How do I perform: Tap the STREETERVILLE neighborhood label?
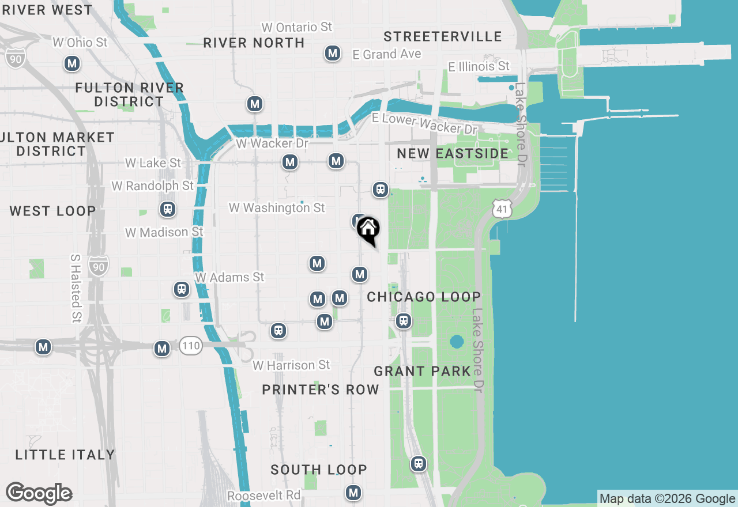click(443, 37)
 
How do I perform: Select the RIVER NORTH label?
click(254, 43)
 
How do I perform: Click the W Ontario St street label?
click(296, 27)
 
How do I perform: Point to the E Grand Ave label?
click(387, 54)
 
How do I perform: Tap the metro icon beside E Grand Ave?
click(332, 54)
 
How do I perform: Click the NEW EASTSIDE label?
click(453, 153)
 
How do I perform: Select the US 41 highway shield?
click(503, 210)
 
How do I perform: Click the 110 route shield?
click(190, 346)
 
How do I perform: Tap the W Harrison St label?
click(291, 365)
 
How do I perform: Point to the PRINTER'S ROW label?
click(321, 389)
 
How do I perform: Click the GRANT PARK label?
click(423, 371)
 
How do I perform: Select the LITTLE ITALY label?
click(65, 455)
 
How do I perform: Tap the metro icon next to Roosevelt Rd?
click(353, 493)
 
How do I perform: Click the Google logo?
click(39, 494)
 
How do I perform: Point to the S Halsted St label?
click(76, 288)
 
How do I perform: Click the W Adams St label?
click(229, 277)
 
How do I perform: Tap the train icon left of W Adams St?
click(182, 289)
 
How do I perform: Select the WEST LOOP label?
click(52, 211)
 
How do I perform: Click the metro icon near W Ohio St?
click(72, 63)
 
